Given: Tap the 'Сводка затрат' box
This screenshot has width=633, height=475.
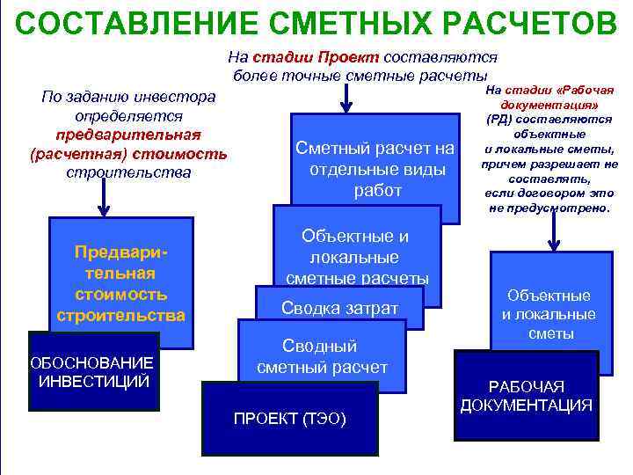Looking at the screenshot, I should click(x=339, y=308).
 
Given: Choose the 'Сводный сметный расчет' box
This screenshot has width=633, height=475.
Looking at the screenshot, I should click(x=322, y=355).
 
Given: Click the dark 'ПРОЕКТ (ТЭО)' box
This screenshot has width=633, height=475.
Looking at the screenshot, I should click(x=289, y=419).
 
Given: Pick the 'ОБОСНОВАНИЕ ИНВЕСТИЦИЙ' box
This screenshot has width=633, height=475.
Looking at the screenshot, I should click(x=93, y=372).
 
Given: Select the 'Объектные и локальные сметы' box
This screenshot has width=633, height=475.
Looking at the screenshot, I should click(x=549, y=314).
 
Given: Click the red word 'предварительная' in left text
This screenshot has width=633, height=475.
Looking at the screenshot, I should click(x=128, y=135).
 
